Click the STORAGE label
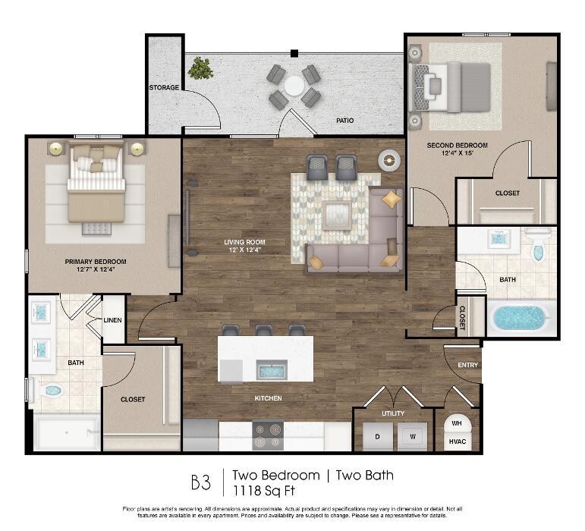pyautogui.click(x=164, y=88)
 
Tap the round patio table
pyautogui.click(x=294, y=86)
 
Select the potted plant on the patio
pyautogui.click(x=201, y=68)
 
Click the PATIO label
pyautogui.click(x=344, y=121)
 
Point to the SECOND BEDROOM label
pyautogui.click(x=457, y=146)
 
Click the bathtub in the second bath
pyautogui.click(x=520, y=318)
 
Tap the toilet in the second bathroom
pyautogui.click(x=537, y=245)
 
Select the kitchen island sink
pyautogui.click(x=272, y=371)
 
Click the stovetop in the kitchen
pyautogui.click(x=268, y=435)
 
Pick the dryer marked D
pyautogui.click(x=377, y=437)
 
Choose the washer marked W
pyautogui.click(x=412, y=437)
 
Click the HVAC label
pyautogui.click(x=458, y=441)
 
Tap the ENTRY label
pyautogui.click(x=468, y=365)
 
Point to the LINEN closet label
pyautogui.click(x=112, y=320)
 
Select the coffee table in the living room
pyautogui.click(x=338, y=215)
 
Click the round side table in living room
pyautogui.click(x=389, y=161)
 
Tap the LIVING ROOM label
pyautogui.click(x=245, y=242)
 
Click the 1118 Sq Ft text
pyautogui.click(x=264, y=491)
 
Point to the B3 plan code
pyautogui.click(x=201, y=482)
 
